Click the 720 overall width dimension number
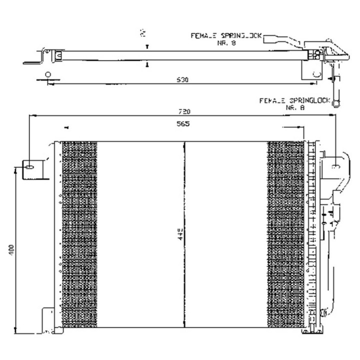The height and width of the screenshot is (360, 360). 183,111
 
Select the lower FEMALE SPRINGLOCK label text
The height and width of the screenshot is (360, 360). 294,100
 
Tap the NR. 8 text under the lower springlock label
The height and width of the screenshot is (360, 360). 295,107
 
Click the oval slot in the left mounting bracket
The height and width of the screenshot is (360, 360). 30,167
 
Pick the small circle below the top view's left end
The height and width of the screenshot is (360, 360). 48,75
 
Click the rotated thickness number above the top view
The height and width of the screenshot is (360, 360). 143,33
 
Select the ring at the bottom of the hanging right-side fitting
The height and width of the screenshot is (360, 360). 337,103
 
